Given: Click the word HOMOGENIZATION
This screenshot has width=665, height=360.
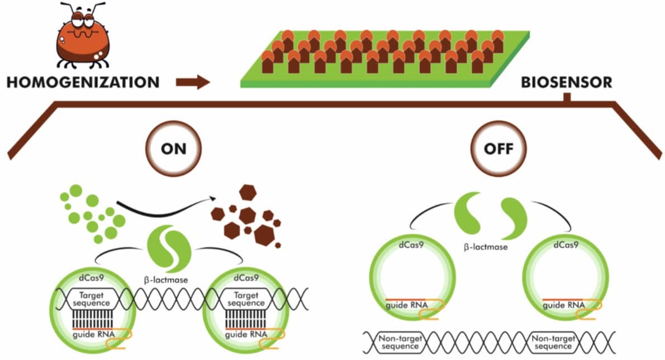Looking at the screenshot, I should [x=83, y=83].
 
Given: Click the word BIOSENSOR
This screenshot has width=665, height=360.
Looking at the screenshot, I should [x=566, y=83].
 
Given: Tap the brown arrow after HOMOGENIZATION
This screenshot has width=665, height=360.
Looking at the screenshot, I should [x=192, y=83].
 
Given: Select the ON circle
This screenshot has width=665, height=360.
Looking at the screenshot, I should [x=174, y=149].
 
